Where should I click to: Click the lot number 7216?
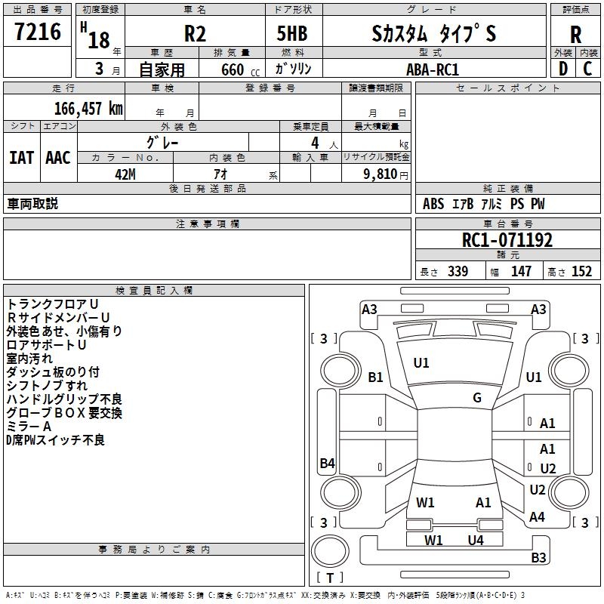tap(37, 32)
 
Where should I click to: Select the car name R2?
tap(196, 35)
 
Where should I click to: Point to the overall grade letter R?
tap(576, 35)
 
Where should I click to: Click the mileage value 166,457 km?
tap(88, 109)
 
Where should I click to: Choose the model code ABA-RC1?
tap(433, 69)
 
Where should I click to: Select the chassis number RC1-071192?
tap(507, 240)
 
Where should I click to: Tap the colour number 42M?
tap(125, 174)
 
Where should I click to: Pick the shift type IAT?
tap(22, 158)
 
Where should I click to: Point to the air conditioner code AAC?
tap(58, 158)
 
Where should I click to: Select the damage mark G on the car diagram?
tap(477, 398)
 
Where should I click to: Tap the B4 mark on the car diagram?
tap(327, 464)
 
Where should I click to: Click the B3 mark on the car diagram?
tap(538, 558)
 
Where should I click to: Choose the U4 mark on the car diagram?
tap(475, 540)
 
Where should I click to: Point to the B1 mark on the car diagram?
tap(376, 377)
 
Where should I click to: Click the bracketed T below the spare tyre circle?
tap(330, 578)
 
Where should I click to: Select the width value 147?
tap(522, 272)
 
